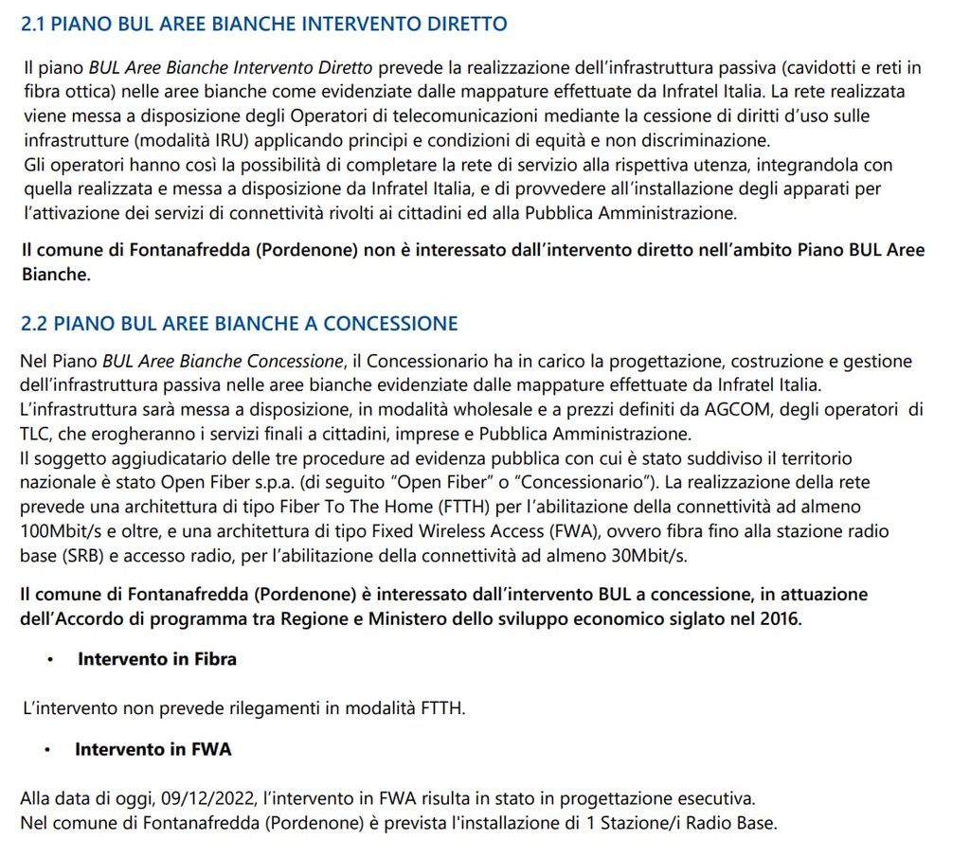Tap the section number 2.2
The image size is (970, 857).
(x=34, y=324)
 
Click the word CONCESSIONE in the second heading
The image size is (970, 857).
(x=390, y=324)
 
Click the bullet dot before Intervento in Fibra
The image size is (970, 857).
(x=49, y=660)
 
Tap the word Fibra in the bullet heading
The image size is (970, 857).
(x=213, y=659)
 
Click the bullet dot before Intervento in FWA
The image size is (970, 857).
(x=46, y=750)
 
